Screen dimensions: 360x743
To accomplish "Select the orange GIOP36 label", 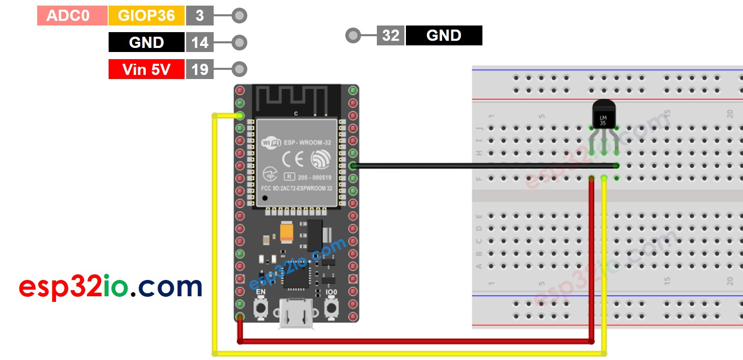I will point(146,16).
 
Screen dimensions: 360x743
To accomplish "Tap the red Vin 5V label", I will point(146,69).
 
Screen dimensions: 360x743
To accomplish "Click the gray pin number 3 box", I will point(199,16).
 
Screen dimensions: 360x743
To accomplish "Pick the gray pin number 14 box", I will point(199,42).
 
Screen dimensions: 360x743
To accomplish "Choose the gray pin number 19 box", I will point(199,69).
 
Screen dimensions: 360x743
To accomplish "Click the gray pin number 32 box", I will point(391,36).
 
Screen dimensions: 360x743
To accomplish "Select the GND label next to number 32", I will point(444,36).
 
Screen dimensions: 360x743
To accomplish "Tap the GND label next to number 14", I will point(146,42).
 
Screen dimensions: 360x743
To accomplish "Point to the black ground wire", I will point(484,165).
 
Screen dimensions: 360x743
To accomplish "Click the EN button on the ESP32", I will point(261,307).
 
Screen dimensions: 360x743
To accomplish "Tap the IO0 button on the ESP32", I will point(331,307).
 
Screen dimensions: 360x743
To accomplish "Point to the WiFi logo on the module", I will point(270,143).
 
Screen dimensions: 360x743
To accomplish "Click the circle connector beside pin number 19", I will point(239,69).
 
